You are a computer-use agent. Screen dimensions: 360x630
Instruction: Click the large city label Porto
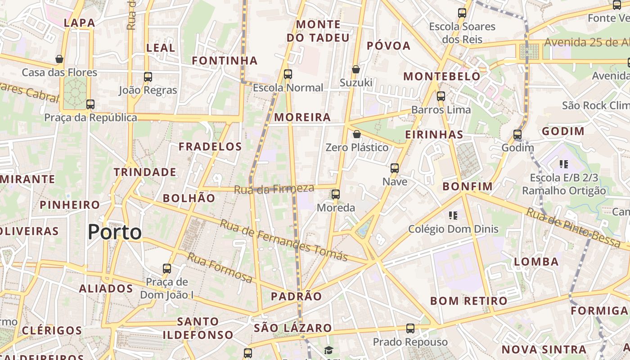[x=115, y=232]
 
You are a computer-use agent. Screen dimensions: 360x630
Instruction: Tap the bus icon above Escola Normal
[x=288, y=74]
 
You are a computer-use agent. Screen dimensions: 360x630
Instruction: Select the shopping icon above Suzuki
[x=356, y=69]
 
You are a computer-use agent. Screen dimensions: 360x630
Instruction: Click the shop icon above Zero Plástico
[x=357, y=134]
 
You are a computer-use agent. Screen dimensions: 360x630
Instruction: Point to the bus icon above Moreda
[x=336, y=194]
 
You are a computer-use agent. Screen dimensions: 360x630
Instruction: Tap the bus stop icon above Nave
[x=395, y=168]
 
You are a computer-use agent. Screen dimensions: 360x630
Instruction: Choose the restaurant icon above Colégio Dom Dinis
[x=453, y=216]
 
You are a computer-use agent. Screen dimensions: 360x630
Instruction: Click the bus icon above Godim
[x=517, y=134]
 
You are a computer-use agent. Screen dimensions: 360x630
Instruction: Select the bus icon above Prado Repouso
[x=410, y=328]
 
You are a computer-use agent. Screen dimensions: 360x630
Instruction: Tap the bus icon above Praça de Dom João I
[x=167, y=269]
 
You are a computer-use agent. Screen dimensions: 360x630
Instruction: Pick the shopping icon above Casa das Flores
[x=59, y=59]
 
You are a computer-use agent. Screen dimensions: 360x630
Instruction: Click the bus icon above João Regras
[x=148, y=77]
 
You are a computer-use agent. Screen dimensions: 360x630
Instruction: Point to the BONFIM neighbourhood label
[x=468, y=186]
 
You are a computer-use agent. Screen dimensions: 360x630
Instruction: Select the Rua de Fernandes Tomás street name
[x=283, y=240]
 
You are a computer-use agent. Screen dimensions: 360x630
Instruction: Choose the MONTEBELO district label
[x=441, y=76]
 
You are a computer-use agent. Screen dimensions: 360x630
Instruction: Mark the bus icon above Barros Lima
[x=441, y=96]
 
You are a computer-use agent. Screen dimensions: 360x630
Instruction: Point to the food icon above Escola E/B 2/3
[x=563, y=164]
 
